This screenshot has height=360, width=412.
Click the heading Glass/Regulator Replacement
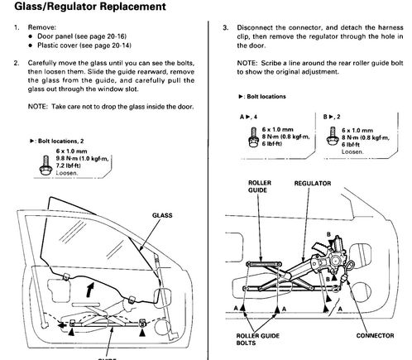tap(90, 7)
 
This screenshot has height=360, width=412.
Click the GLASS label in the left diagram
tap(162, 215)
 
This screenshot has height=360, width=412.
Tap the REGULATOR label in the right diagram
tap(313, 184)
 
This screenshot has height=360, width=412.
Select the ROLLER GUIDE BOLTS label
tap(258, 339)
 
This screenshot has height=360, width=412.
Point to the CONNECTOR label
tap(375, 336)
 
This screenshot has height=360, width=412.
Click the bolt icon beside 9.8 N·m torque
tap(46, 166)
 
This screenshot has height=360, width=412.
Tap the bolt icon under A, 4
tap(254, 137)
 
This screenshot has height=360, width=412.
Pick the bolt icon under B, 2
tap(332, 137)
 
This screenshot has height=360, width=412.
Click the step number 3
tap(226, 28)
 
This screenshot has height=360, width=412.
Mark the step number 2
tap(17, 63)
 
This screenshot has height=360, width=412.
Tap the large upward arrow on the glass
tap(89, 290)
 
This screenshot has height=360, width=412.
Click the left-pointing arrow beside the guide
tap(62, 325)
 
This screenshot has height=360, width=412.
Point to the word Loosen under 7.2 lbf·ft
tap(67, 173)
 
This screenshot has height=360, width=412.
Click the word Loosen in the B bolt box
tap(352, 151)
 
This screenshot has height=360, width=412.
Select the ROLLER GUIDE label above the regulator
tap(260, 186)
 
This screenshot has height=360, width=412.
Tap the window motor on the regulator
tap(337, 254)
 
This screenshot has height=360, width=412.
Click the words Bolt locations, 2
tap(60, 141)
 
